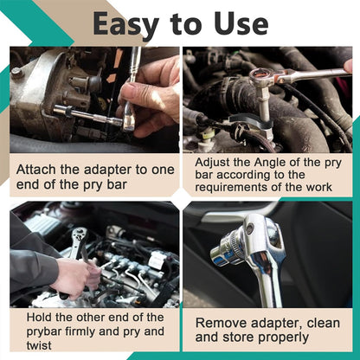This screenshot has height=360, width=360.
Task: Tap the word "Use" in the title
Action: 241,23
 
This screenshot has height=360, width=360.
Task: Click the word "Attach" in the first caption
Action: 36,170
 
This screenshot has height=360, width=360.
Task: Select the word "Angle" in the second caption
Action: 270,163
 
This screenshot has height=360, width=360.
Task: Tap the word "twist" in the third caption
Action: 39,345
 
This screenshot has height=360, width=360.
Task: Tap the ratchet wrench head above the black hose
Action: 260,76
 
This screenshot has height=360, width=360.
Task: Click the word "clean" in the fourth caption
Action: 324,323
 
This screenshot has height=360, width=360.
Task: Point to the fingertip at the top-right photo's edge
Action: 348,67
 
